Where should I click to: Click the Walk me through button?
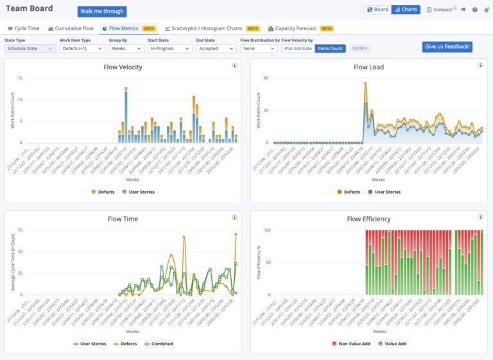(102, 12)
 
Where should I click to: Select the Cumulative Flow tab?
(71, 29)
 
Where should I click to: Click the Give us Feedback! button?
(447, 47)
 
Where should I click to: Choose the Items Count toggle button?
(330, 48)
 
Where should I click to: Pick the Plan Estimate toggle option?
(298, 48)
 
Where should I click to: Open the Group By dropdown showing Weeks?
(125, 48)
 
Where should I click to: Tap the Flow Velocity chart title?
(123, 67)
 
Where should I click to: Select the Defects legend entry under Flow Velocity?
(103, 192)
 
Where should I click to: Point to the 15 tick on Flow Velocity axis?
(20, 78)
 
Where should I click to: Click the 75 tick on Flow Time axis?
(20, 230)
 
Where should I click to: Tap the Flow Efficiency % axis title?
(259, 262)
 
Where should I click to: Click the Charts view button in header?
(405, 10)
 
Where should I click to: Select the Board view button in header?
(377, 10)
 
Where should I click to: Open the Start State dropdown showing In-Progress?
(169, 48)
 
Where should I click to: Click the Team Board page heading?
(30, 8)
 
